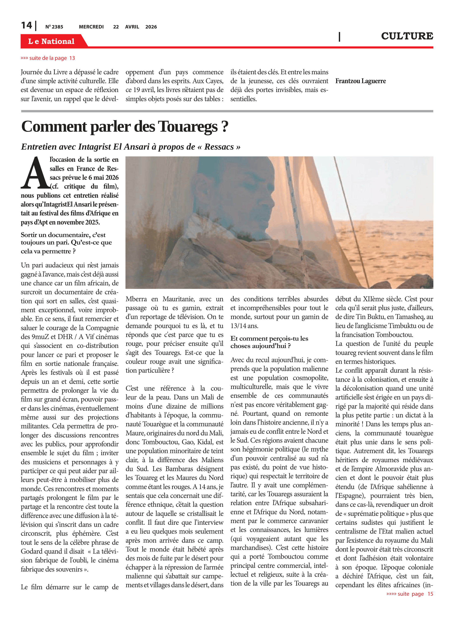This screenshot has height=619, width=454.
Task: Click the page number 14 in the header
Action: pos(27,25)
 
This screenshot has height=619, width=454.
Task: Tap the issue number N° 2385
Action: pos(54,27)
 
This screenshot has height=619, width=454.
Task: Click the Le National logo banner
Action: pos(51,41)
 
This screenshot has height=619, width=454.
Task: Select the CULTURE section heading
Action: pos(407,36)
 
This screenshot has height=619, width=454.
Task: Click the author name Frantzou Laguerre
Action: pos(360,81)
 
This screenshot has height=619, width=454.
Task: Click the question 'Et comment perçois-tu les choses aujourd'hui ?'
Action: pos(269,342)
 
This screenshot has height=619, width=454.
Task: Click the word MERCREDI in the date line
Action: pos(91,27)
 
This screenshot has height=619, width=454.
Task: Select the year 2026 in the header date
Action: pos(151,27)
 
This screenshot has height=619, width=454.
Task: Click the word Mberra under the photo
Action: pos(136,299)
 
